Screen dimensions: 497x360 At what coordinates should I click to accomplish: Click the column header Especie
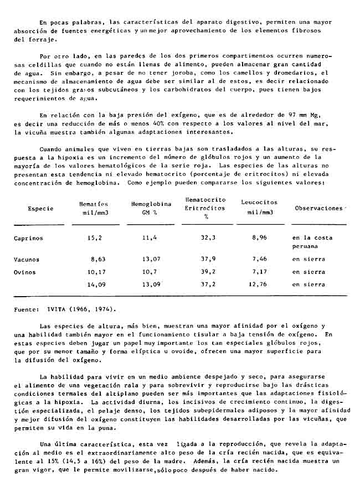point(40,209)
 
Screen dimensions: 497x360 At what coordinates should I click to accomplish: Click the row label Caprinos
point(28,238)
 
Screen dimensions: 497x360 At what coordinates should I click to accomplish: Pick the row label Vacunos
point(27,259)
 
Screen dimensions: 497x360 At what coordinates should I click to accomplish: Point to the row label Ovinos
point(25,272)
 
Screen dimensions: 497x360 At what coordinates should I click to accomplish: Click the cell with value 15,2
point(94,238)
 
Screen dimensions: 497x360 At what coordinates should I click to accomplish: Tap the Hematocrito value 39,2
point(208,272)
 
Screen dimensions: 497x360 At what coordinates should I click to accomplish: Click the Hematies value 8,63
point(97,259)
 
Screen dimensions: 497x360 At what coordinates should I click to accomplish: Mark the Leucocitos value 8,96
point(259,238)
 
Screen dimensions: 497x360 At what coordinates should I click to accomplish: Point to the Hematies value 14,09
point(96,285)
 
